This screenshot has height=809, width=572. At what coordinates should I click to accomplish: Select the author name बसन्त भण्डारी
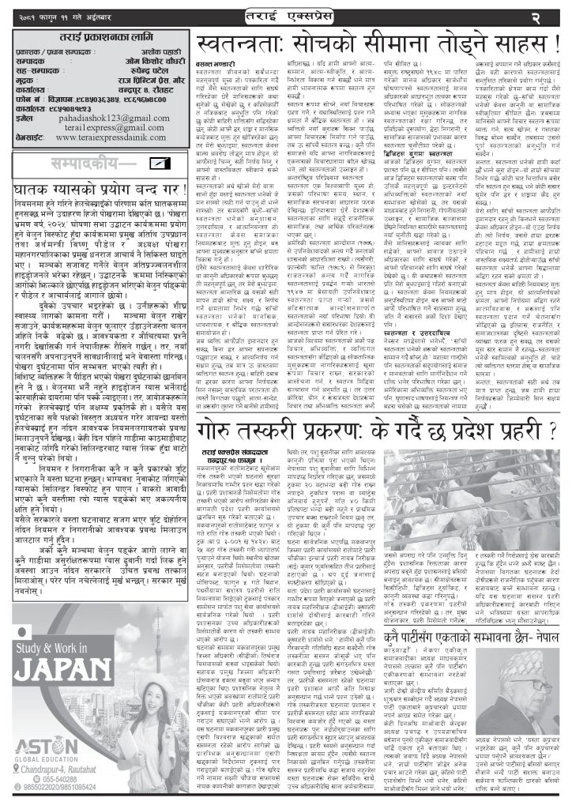point(213,84)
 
